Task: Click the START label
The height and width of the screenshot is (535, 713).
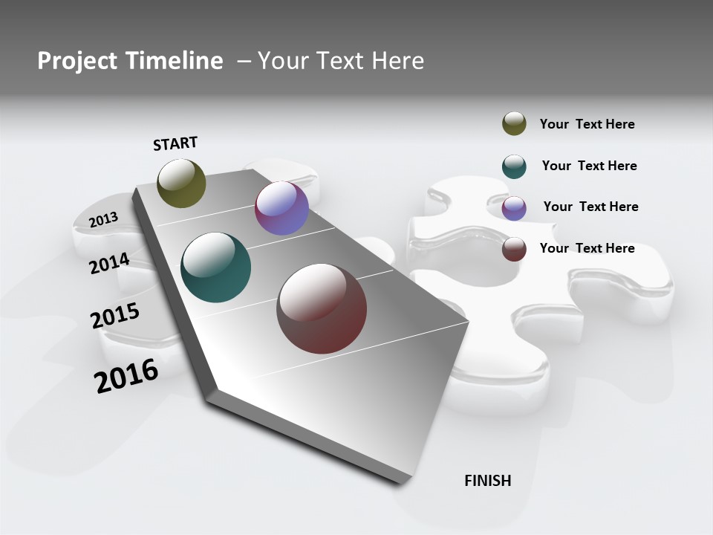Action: (175, 143)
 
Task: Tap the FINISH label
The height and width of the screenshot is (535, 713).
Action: (488, 481)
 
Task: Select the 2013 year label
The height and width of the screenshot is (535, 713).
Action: (103, 220)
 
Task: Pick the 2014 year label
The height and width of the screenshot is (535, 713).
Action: (109, 263)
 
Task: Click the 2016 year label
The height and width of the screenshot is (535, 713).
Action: (126, 376)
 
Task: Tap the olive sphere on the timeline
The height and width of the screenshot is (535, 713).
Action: (181, 183)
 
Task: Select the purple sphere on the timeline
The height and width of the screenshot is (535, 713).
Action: (281, 209)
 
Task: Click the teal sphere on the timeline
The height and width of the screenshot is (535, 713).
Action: (215, 267)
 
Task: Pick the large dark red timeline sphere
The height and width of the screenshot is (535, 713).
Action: (322, 308)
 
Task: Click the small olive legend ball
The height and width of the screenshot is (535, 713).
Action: (514, 124)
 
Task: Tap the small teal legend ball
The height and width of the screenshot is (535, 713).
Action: (514, 166)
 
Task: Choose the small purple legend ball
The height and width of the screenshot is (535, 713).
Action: (514, 208)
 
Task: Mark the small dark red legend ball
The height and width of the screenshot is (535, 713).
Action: (514, 249)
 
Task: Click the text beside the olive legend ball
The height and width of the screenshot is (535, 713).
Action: (587, 124)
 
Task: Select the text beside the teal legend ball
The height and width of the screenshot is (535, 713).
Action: (589, 166)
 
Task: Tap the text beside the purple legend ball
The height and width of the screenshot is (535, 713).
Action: (590, 207)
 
